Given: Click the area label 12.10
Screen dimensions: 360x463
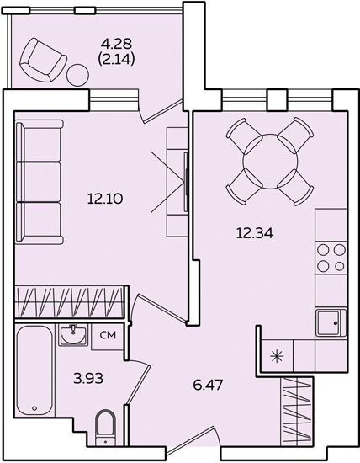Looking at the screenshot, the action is pos(105,199).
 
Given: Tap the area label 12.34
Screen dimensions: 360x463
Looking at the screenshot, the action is pos(255,233).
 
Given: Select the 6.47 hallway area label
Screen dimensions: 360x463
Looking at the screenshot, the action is pos(209,385).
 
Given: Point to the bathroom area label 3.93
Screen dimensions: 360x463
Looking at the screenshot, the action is pos(88,378).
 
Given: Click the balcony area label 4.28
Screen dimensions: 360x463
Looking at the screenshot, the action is pos(116,44).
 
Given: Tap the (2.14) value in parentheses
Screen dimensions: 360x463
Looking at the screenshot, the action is pos(116,60).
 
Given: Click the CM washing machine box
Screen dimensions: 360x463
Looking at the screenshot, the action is pos(108,337).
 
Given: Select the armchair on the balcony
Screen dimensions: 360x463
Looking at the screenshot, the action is pos(43,60).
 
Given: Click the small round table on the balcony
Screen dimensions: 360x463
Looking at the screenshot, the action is pos(77,75).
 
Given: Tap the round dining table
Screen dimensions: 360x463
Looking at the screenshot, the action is pos(270,162).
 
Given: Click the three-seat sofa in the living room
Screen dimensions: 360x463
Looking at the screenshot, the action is pos(40,182).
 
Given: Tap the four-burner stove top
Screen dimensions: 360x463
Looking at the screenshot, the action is pos(331,258).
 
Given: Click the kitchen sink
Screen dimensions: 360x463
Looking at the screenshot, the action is pos(331,322).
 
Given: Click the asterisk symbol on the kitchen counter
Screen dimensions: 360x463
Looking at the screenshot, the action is pos(277,356).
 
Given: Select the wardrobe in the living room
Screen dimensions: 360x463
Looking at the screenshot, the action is pos(69,301).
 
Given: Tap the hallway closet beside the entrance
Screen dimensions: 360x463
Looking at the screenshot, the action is pos(297,411).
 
